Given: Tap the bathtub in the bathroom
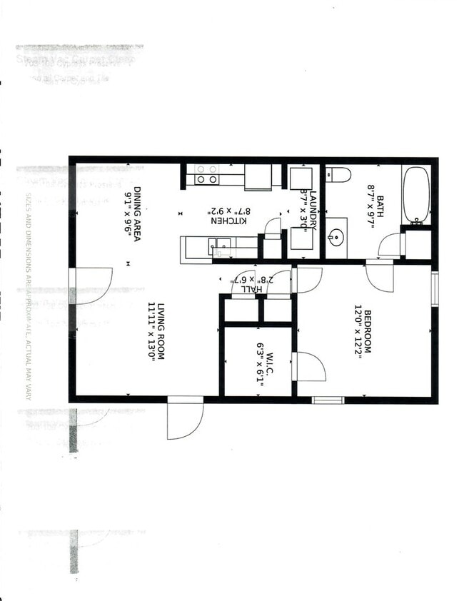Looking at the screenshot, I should [x=415, y=194].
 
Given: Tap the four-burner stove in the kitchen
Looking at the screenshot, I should [x=206, y=175].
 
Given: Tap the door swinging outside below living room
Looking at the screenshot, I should [x=185, y=421].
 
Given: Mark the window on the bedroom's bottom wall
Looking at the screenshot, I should [x=328, y=400].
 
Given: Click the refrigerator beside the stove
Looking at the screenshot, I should [x=258, y=176].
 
